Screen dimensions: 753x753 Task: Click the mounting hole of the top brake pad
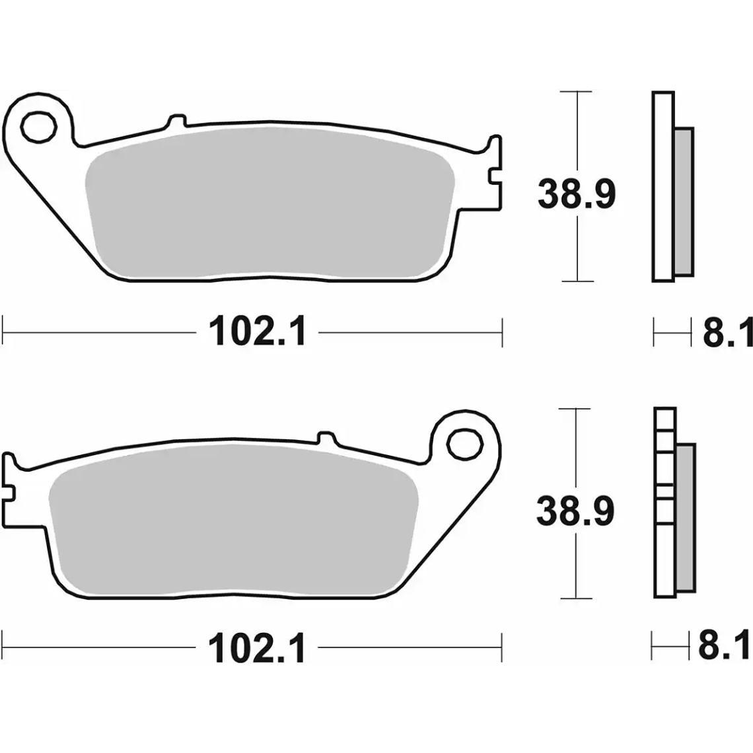tap(38, 127)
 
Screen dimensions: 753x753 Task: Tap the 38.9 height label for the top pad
tap(576, 195)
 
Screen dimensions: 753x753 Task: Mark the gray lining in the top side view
tap(685, 201)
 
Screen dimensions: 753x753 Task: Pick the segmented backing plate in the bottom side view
tap(664, 502)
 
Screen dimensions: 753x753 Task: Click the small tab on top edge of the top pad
tap(176, 121)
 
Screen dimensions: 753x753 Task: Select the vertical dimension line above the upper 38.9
tap(578, 132)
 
